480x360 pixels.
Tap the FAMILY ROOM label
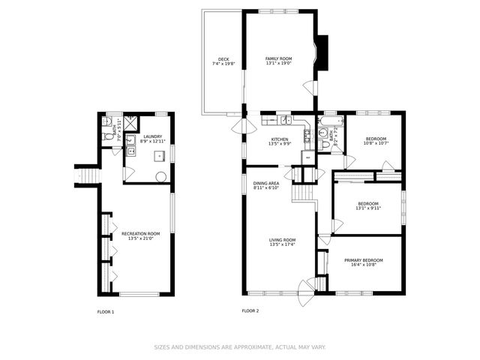pyautogui.click(x=278, y=58)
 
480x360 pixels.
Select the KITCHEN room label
pyautogui.click(x=280, y=139)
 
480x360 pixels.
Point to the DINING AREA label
pyautogui.click(x=266, y=183)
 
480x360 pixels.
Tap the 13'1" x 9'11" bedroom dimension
pyautogui.click(x=367, y=208)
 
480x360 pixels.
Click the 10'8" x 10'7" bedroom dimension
pyautogui.click(x=376, y=144)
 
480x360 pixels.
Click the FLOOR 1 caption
pyautogui.click(x=106, y=310)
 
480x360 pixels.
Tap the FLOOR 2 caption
pyautogui.click(x=250, y=310)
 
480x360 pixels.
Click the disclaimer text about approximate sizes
pyautogui.click(x=240, y=347)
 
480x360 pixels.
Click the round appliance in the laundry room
pyautogui.click(x=160, y=177)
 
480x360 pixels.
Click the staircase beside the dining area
pyautogui.click(x=303, y=193)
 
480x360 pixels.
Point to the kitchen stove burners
pyautogui.click(x=307, y=135)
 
